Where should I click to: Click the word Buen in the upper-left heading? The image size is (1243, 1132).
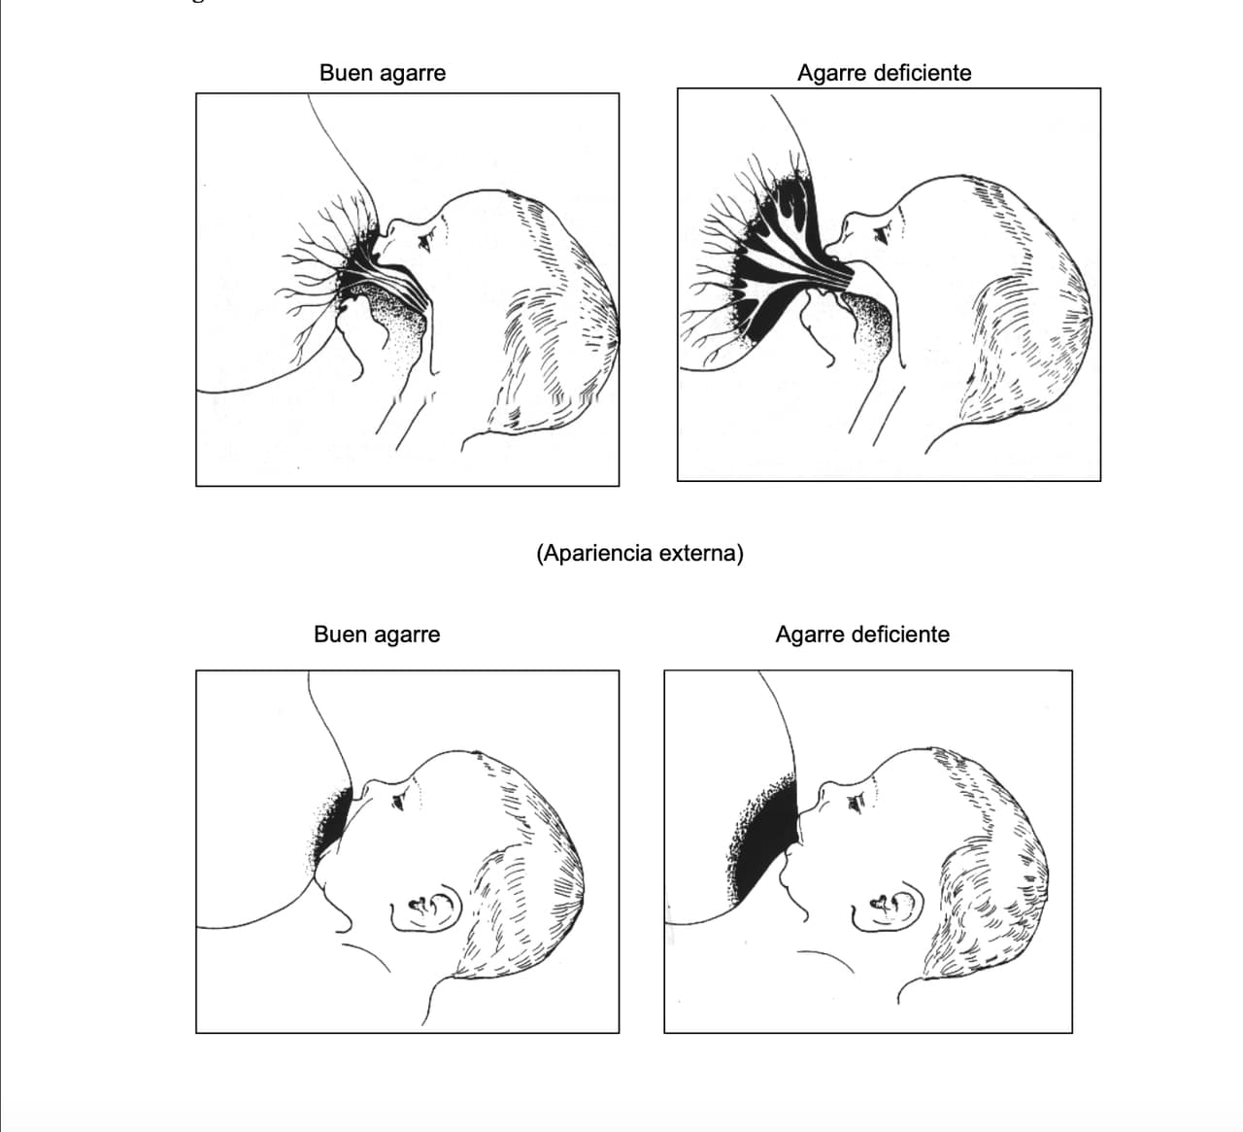click(343, 73)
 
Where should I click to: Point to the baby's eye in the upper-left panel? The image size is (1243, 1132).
click(425, 239)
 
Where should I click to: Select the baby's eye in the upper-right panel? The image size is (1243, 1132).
click(881, 232)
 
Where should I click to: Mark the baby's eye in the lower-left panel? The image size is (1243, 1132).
click(398, 803)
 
